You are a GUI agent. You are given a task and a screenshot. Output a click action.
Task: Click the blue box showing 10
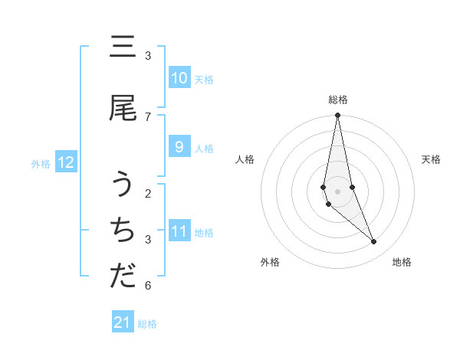179,78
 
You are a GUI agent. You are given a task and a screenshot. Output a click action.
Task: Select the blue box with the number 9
179,148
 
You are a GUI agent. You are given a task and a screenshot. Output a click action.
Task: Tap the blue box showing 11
179,232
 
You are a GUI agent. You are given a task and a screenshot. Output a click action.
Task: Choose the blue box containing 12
66,162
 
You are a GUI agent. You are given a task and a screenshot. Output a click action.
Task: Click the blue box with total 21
123,322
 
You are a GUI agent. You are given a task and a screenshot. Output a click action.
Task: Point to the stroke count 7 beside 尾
148,116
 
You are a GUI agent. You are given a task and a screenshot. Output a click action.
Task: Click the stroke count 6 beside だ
148,286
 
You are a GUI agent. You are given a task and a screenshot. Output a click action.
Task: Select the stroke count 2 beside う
148,193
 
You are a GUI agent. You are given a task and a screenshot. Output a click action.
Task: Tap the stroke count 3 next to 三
148,55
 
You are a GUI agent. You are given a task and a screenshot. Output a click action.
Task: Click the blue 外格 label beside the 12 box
41,163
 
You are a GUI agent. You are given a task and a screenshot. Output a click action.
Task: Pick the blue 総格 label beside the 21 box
147,324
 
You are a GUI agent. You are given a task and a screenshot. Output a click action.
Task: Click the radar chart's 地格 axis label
402,262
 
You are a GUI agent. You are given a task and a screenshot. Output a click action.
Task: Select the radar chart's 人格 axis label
245,159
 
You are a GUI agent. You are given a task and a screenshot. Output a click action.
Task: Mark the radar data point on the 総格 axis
337,116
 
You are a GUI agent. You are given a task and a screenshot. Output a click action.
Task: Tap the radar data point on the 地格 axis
374,242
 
